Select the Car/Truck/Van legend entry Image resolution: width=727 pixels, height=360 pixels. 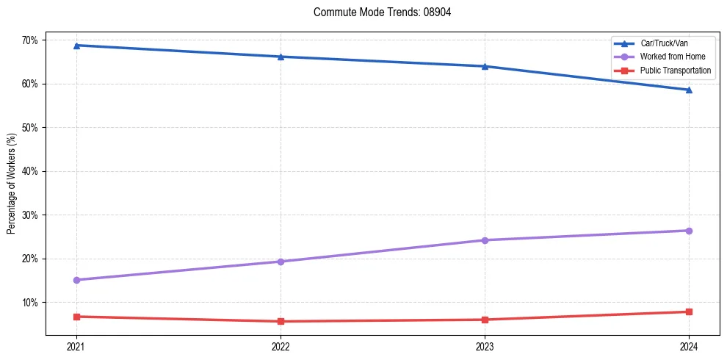[x=664, y=43]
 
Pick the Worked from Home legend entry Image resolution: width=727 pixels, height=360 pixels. [x=672, y=57]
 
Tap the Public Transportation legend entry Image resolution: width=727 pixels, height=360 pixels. [x=675, y=71]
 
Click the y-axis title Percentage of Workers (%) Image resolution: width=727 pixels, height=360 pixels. [x=12, y=184]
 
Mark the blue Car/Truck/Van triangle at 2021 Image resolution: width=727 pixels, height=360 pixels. [x=76, y=46]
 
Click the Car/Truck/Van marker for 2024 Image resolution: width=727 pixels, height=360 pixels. [x=689, y=90]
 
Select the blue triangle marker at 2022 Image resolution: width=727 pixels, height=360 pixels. [x=281, y=57]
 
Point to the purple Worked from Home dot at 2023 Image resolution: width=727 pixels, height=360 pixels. [x=485, y=240]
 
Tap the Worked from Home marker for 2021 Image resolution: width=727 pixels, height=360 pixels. [x=76, y=280]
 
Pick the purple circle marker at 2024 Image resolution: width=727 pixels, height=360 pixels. [x=689, y=231]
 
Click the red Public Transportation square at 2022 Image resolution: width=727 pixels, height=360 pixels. [x=281, y=321]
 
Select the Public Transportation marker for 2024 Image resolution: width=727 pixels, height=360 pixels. [x=689, y=312]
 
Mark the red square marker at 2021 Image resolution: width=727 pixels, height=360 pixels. [x=76, y=317]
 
